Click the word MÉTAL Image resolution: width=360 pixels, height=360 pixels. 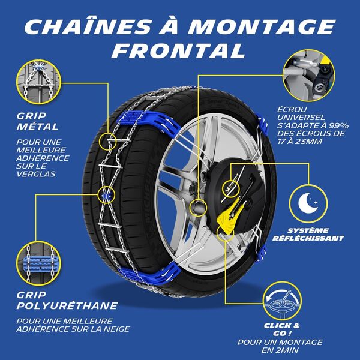[38, 127]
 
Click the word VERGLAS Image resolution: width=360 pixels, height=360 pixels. [37, 174]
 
